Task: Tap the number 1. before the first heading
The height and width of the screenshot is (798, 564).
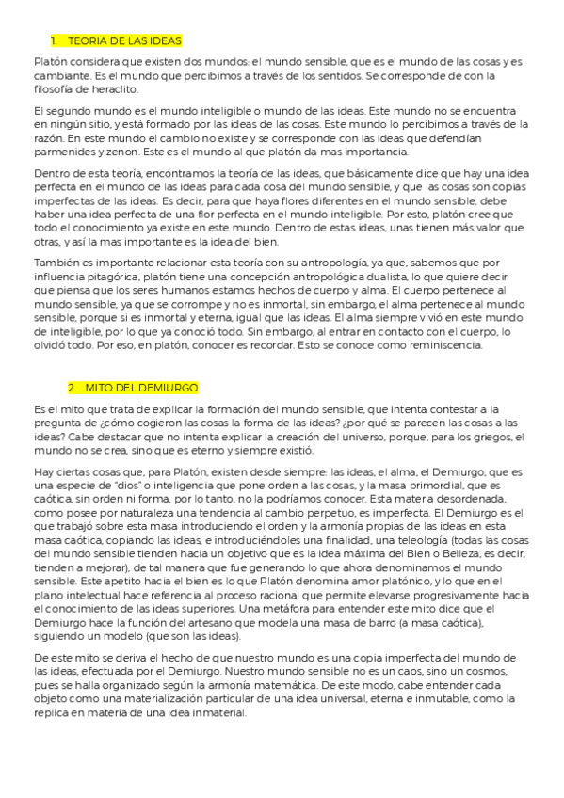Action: (x=56, y=41)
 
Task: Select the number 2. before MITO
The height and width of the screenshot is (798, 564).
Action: (x=73, y=388)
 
